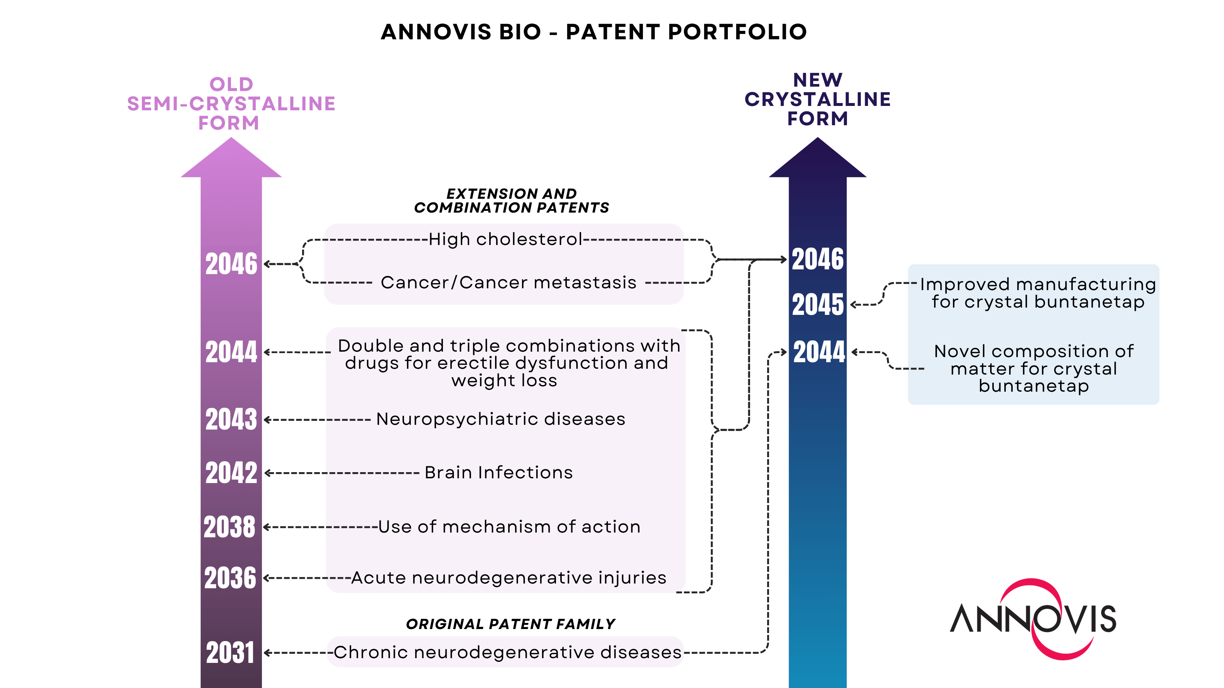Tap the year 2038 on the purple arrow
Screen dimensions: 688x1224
tap(229, 527)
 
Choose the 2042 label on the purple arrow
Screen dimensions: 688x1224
tap(231, 472)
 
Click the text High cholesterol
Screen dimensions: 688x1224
tap(505, 239)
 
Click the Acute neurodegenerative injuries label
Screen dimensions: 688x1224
tap(509, 577)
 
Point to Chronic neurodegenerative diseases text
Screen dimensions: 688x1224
tap(507, 652)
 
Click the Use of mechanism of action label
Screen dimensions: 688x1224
tap(509, 527)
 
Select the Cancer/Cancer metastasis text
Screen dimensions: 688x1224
tap(509, 282)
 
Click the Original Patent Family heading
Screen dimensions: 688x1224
tap(510, 624)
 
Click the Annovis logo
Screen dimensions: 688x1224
tap(1033, 619)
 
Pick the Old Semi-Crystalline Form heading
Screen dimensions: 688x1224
tap(231, 103)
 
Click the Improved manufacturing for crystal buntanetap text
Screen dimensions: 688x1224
tap(1038, 293)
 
